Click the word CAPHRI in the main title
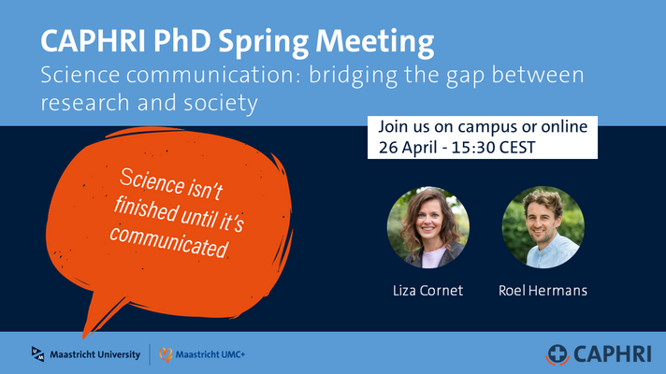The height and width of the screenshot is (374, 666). (x=93, y=41)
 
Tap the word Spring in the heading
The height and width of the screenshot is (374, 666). (x=264, y=43)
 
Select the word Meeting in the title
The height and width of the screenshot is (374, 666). (x=374, y=43)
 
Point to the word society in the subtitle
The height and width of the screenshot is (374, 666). (x=221, y=104)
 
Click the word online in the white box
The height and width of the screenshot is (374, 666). (x=564, y=126)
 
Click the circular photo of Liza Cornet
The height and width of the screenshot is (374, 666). (x=428, y=227)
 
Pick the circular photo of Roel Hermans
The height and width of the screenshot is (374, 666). (x=543, y=227)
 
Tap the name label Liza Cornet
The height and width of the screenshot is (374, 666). (x=427, y=291)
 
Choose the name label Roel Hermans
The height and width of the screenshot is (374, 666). (x=543, y=291)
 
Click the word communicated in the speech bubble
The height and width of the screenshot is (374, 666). (x=169, y=242)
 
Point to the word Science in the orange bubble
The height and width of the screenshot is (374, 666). (x=152, y=181)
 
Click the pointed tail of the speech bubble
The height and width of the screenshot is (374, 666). (x=83, y=338)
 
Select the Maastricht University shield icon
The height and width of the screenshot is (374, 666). (x=37, y=354)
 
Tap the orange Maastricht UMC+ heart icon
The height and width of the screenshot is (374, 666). (x=166, y=354)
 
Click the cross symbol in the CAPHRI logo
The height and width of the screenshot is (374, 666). (x=557, y=353)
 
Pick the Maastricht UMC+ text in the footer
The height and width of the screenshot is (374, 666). (x=210, y=354)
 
